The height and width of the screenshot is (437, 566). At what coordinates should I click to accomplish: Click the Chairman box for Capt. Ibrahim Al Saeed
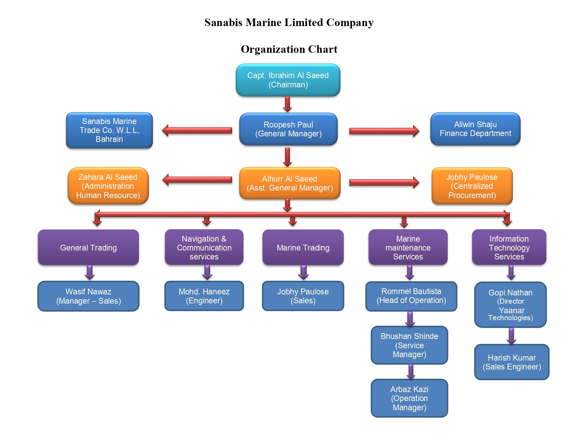[288, 80]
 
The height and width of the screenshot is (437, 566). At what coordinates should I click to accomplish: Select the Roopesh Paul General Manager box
[288, 129]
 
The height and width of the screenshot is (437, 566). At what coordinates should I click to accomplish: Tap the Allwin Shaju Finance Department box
[475, 129]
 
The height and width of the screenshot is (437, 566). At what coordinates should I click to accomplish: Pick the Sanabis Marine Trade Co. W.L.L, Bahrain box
[109, 130]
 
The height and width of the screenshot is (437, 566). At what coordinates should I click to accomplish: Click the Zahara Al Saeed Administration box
[108, 186]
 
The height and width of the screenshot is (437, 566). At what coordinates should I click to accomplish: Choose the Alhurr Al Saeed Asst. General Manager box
[290, 183]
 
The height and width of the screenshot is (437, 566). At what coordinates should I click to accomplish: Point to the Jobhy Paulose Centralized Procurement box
[472, 186]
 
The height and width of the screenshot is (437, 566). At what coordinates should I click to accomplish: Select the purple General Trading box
[88, 247]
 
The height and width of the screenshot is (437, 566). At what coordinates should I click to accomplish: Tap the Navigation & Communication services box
[204, 247]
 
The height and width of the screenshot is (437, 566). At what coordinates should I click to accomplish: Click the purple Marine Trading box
[303, 247]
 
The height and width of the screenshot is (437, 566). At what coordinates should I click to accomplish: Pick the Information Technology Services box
[509, 247]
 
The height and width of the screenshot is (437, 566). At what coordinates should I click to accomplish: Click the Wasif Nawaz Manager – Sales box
[88, 296]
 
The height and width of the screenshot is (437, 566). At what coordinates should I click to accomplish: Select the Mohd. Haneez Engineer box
[204, 296]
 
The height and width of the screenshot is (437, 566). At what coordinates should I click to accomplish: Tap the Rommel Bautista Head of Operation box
[411, 296]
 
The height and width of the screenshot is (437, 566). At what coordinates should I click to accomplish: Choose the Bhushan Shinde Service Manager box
[409, 345]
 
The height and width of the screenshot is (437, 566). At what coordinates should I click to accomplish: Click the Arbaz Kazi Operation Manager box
[409, 398]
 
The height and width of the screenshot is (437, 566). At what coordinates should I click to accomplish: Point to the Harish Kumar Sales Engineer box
[511, 362]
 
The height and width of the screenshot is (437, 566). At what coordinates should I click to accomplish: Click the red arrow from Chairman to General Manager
[287, 104]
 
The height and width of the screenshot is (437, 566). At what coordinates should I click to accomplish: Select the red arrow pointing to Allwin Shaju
[384, 131]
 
